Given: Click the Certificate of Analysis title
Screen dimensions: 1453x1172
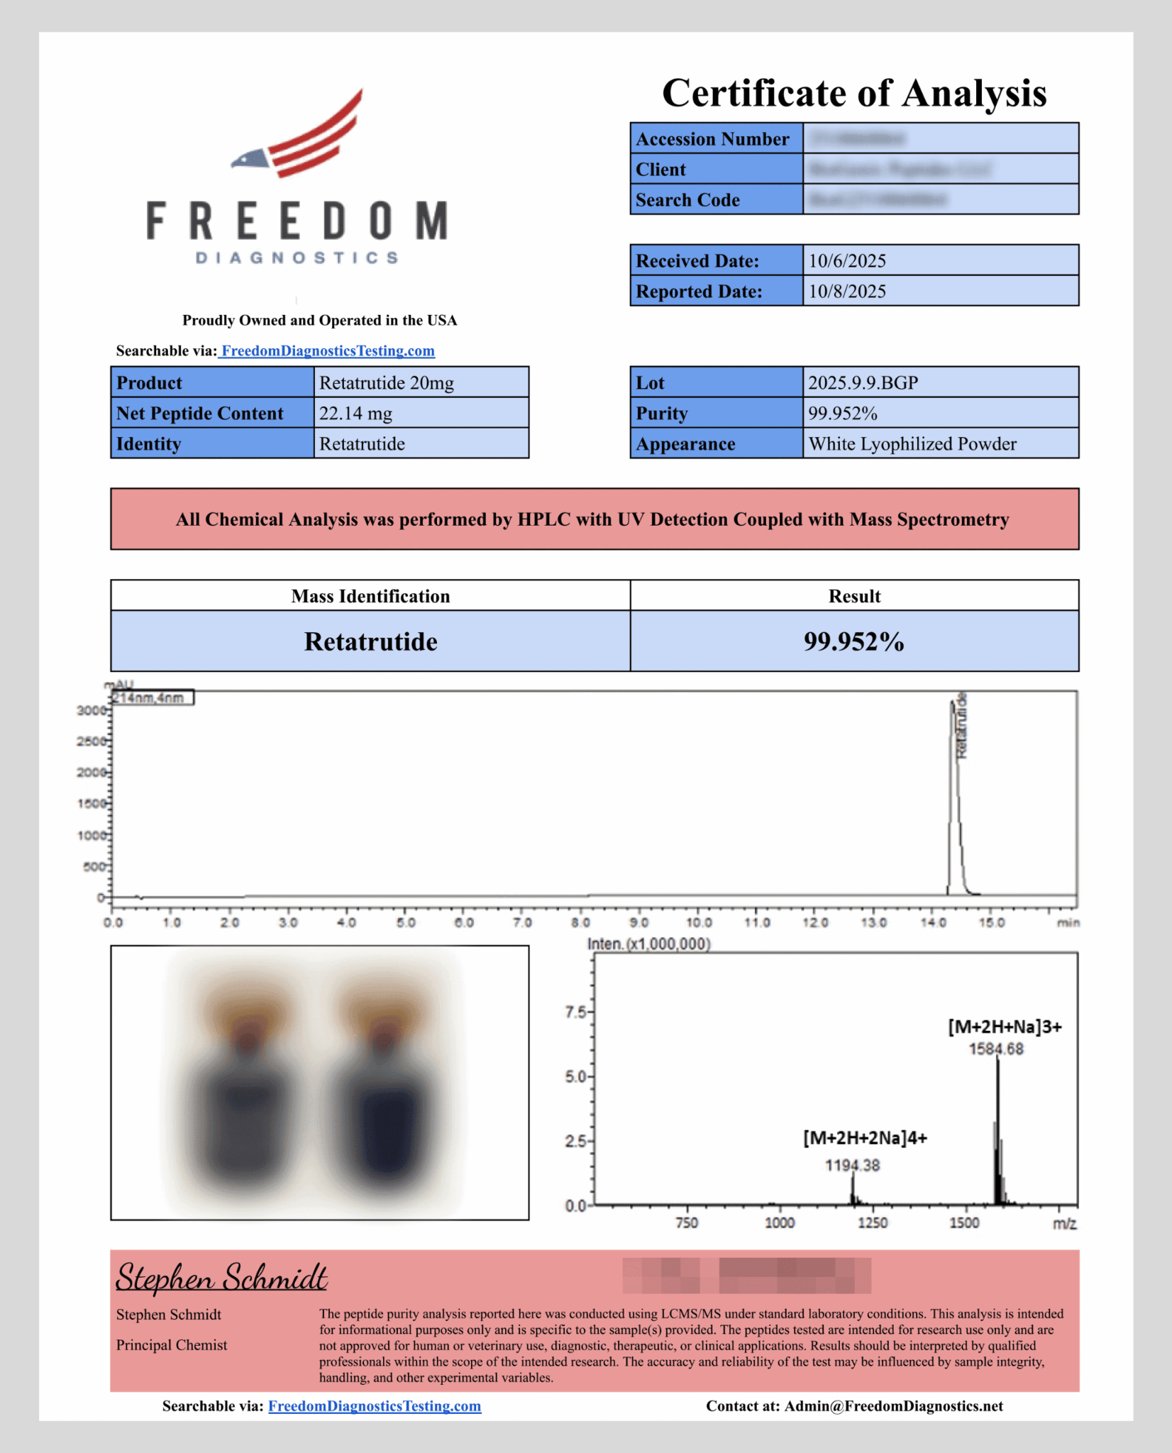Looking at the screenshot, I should pyautogui.click(x=854, y=94).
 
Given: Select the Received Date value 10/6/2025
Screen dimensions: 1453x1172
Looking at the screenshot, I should pyautogui.click(x=847, y=261).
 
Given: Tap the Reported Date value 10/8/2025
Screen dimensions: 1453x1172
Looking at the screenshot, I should pyautogui.click(x=847, y=292).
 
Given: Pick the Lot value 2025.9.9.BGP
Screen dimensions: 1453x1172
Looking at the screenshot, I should pyautogui.click(x=863, y=383).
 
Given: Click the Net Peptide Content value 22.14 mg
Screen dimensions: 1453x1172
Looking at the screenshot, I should pyautogui.click(x=355, y=414).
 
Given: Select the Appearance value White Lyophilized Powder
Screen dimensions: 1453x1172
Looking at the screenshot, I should pyautogui.click(x=912, y=444).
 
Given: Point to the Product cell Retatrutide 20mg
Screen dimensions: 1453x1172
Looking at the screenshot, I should pyautogui.click(x=386, y=383).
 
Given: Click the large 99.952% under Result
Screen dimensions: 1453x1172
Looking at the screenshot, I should pyautogui.click(x=853, y=642).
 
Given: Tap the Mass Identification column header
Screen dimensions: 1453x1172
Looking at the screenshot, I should pyautogui.click(x=370, y=596).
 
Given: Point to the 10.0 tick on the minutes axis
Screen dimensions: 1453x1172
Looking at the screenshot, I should pyautogui.click(x=698, y=922).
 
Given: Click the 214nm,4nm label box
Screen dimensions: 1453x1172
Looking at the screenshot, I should pyautogui.click(x=153, y=698).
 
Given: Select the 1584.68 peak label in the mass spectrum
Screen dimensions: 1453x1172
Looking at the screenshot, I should pyautogui.click(x=996, y=1049).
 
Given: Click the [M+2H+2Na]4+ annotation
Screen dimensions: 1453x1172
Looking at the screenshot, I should pyautogui.click(x=865, y=1139).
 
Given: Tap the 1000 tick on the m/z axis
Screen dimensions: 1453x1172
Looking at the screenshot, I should pyautogui.click(x=779, y=1222).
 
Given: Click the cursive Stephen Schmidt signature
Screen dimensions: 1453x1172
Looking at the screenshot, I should pyautogui.click(x=221, y=1278).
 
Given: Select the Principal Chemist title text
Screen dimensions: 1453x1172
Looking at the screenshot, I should pyautogui.click(x=172, y=1345).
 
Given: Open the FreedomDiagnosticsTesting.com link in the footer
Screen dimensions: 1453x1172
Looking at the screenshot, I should pyautogui.click(x=375, y=1406).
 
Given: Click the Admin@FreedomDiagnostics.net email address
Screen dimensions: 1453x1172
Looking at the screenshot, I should pyautogui.click(x=893, y=1406).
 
